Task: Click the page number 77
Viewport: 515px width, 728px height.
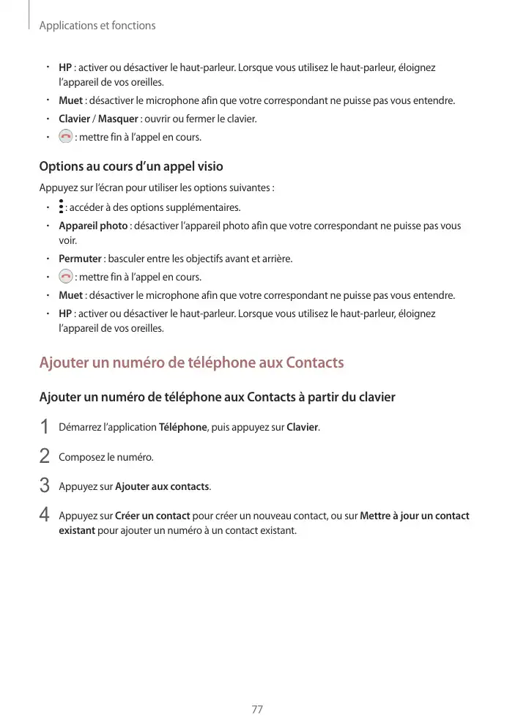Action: pyautogui.click(x=257, y=710)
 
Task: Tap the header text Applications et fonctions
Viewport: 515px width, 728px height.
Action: pyautogui.click(x=97, y=26)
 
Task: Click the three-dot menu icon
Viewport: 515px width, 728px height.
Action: pyautogui.click(x=61, y=207)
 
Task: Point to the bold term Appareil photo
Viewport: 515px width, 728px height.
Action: pyautogui.click(x=93, y=226)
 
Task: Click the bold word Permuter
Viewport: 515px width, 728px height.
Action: pyautogui.click(x=80, y=259)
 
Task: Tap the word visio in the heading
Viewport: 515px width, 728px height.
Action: pyautogui.click(x=208, y=166)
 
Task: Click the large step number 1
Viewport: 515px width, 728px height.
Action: pyautogui.click(x=45, y=427)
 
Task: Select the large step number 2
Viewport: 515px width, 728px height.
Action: pyautogui.click(x=45, y=457)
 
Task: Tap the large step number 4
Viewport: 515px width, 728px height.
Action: pyautogui.click(x=45, y=516)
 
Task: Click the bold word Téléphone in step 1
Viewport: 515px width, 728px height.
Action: pyautogui.click(x=182, y=427)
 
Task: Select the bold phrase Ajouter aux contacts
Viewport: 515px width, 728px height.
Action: pyautogui.click(x=162, y=486)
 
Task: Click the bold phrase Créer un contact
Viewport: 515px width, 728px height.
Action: pyautogui.click(x=152, y=516)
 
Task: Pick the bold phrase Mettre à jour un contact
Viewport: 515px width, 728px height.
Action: pyautogui.click(x=415, y=516)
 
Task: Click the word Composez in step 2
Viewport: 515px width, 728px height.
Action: pyautogui.click(x=81, y=457)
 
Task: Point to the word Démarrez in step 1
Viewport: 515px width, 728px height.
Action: pyautogui.click(x=80, y=427)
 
